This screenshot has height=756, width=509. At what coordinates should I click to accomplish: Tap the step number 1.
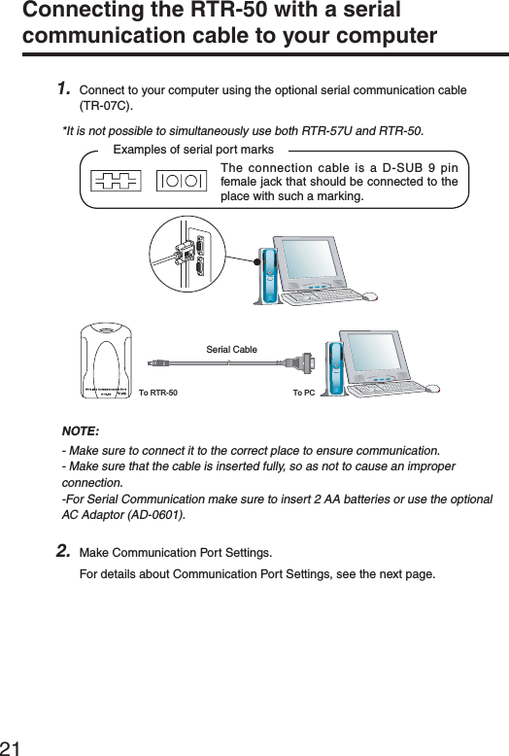[x=63, y=89]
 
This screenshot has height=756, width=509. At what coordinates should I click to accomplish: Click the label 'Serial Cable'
[x=231, y=347]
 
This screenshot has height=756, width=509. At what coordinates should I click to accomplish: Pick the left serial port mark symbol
[x=116, y=181]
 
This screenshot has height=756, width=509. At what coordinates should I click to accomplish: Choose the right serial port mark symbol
[x=182, y=181]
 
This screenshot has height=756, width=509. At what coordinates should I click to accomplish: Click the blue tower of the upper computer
[x=266, y=276]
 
